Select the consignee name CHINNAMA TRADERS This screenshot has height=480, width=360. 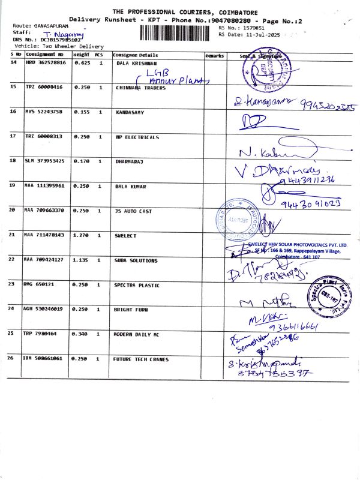136,87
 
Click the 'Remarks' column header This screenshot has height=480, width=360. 214,55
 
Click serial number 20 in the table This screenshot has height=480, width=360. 13,211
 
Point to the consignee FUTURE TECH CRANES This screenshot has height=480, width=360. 141,359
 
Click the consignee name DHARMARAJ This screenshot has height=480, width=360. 130,161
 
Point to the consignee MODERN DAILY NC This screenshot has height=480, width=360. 137,333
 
